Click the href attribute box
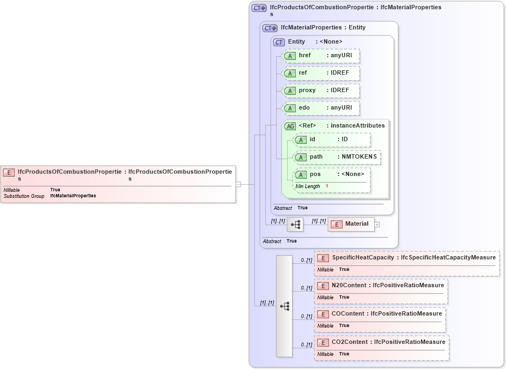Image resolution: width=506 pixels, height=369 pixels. [x=321, y=56]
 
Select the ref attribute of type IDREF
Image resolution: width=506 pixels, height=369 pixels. [x=321, y=73]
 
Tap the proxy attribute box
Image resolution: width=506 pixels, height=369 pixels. [x=321, y=90]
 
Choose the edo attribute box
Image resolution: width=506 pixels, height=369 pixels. [x=321, y=108]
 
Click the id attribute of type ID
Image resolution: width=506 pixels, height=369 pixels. [x=332, y=140]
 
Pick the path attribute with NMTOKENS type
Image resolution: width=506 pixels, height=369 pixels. [x=337, y=157]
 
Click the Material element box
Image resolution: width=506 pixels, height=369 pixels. [x=351, y=224]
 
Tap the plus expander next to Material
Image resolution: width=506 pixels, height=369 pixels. [x=377, y=224]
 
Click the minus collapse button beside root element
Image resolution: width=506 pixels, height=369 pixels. [x=238, y=184]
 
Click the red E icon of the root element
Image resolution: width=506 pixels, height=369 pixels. [x=9, y=172]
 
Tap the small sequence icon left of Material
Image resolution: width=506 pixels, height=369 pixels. [x=295, y=224]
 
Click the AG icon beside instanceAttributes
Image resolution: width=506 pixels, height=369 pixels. [x=290, y=126]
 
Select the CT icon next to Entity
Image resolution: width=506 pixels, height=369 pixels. [x=279, y=42]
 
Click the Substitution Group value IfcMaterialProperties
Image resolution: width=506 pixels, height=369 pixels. [x=73, y=196]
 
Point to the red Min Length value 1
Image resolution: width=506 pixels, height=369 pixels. [x=327, y=186]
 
